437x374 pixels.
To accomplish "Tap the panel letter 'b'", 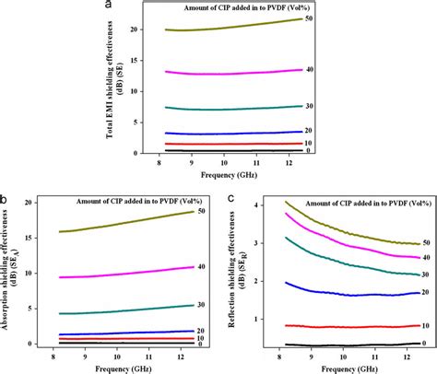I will [x=6, y=197].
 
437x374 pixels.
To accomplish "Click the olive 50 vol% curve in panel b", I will [x=120, y=224].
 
